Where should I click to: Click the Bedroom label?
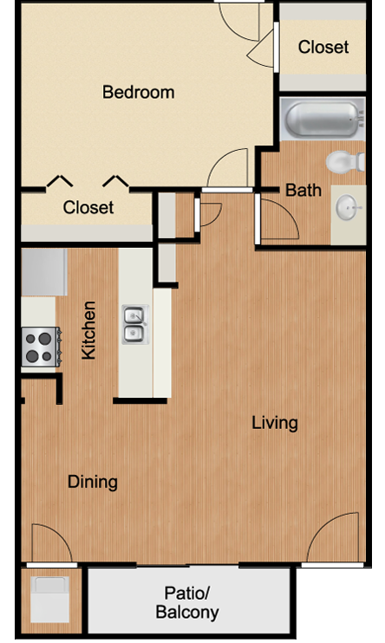coord(139,92)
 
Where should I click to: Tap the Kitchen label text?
coord(88,330)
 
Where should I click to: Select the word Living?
coord(275,423)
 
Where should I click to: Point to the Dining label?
coord(93,482)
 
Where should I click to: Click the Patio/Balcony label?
coord(187,602)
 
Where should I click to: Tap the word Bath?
coord(303,191)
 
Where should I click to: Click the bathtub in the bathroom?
coord(323,119)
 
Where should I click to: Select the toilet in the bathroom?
coord(345,161)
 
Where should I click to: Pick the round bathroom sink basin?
coord(348,207)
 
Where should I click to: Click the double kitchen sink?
coord(135,324)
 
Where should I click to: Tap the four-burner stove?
coord(41,347)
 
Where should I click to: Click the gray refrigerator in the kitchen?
coord(44,272)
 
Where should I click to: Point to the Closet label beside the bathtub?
coord(323,47)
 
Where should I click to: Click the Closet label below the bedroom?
coord(88,207)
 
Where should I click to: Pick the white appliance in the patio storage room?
coord(50,599)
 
